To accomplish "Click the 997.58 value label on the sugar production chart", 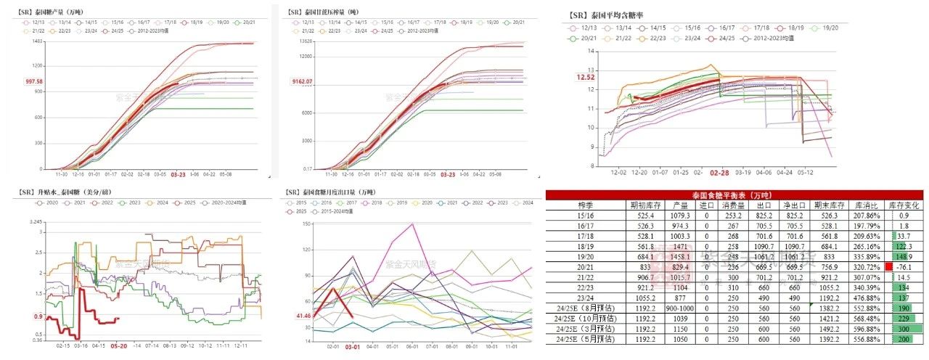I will coord(33,81).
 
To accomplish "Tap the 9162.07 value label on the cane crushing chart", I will coord(301,81).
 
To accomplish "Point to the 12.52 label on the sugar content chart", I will coord(586,76).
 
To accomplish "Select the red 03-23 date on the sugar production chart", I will coord(179,175).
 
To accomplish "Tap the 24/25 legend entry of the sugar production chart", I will coord(115,30).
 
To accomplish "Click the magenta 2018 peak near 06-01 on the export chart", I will coord(413,224).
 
